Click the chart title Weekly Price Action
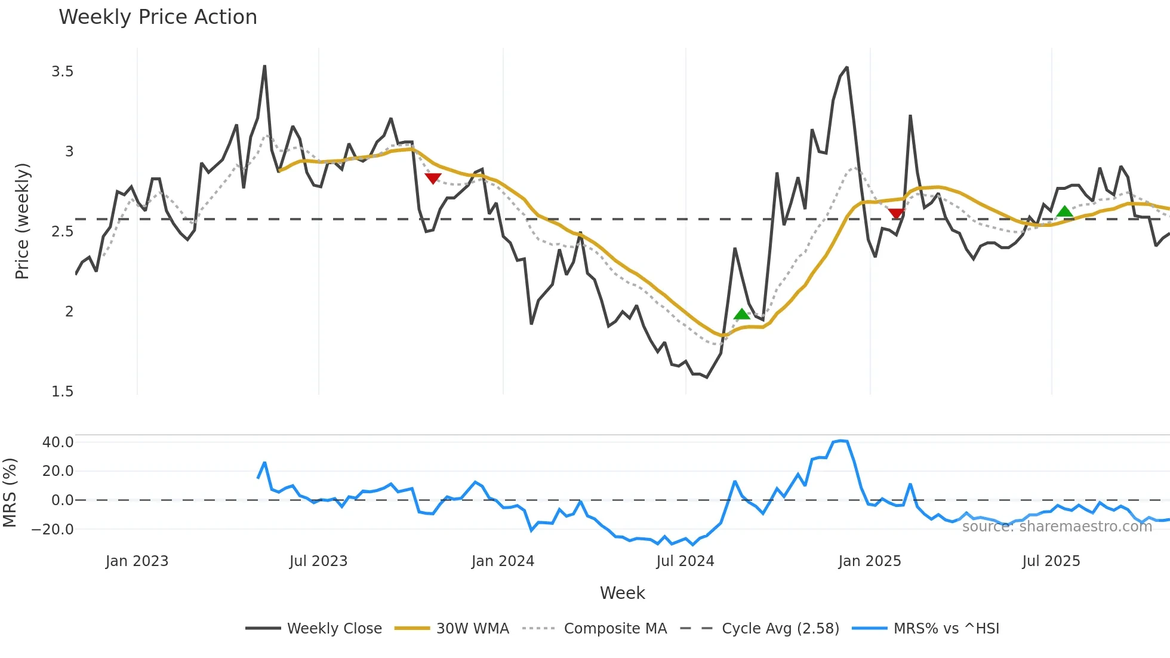pyautogui.click(x=158, y=17)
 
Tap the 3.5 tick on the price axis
pyautogui.click(x=63, y=72)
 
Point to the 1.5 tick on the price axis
pyautogui.click(x=63, y=391)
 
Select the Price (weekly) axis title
pyautogui.click(x=22, y=221)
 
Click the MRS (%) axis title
pyautogui.click(x=10, y=493)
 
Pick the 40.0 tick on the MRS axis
pyautogui.click(x=58, y=442)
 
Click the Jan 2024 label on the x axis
pyautogui.click(x=503, y=561)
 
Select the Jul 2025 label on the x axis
pyautogui.click(x=1051, y=561)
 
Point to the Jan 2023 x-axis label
pyautogui.click(x=137, y=561)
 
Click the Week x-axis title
pyautogui.click(x=622, y=593)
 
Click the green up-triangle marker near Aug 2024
pyautogui.click(x=741, y=314)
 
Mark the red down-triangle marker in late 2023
pyautogui.click(x=433, y=178)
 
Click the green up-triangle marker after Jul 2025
pyautogui.click(x=1064, y=211)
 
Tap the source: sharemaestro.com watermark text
pyautogui.click(x=1057, y=526)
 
